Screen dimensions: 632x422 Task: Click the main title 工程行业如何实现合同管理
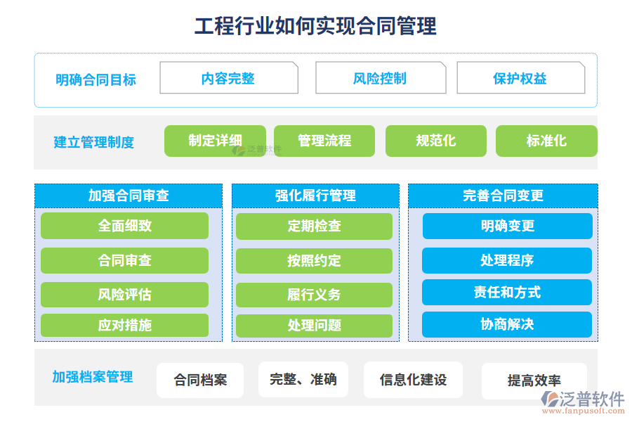[x=315, y=26]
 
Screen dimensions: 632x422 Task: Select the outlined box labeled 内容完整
[x=229, y=77]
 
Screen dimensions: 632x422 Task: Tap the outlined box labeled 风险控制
[x=381, y=77]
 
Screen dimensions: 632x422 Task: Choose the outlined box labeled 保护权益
[x=521, y=77]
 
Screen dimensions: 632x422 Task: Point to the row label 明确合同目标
[x=96, y=80]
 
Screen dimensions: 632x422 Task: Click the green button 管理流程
[x=324, y=141]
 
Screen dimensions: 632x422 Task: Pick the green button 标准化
[x=546, y=141]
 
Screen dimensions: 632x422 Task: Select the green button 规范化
[x=436, y=141]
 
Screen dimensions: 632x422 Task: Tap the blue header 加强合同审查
[x=129, y=196]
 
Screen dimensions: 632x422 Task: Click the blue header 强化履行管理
[x=315, y=196]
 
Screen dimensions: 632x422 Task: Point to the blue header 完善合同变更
[x=503, y=196]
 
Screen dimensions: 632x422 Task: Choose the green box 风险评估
[x=124, y=295]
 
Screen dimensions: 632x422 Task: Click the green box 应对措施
[x=124, y=325]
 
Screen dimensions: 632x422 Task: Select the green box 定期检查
[x=315, y=226]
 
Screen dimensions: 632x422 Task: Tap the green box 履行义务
[x=315, y=295]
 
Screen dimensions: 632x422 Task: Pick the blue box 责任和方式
[x=507, y=292]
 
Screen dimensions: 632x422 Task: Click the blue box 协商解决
[x=507, y=324]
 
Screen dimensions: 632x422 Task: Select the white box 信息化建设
[x=413, y=380]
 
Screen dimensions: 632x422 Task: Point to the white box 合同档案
[x=200, y=380]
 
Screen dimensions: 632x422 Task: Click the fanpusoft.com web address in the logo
[x=584, y=411]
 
